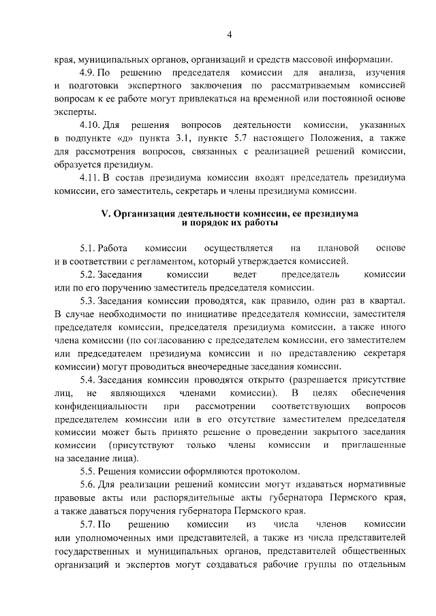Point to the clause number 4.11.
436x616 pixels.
pos(91,178)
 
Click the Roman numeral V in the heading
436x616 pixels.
pos(105,213)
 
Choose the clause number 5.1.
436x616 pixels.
pos(89,248)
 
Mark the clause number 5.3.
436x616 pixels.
pos(89,302)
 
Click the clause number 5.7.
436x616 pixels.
pos(89,526)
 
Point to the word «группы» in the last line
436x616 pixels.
pos(332,566)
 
